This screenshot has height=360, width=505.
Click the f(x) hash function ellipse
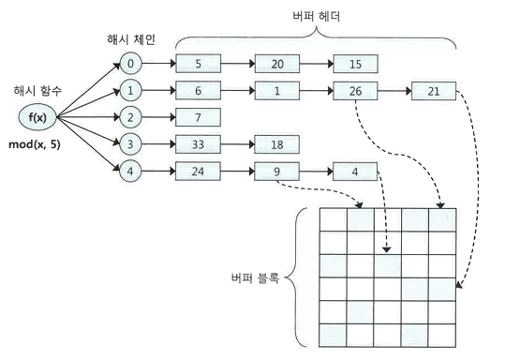[37, 117]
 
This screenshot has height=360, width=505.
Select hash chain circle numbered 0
[130, 64]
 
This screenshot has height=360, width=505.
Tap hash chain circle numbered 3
[130, 144]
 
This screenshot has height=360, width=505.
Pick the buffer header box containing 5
[198, 64]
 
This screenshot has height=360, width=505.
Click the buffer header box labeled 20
[277, 64]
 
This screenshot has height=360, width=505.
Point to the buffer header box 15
[356, 64]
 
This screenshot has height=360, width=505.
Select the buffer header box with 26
[355, 91]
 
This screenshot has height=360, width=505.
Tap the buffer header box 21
[434, 91]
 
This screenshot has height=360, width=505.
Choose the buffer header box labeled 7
[198, 117]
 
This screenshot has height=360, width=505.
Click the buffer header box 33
[198, 144]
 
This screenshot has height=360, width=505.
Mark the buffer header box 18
[276, 144]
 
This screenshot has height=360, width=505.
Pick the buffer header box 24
[198, 172]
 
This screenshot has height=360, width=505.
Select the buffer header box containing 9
[276, 172]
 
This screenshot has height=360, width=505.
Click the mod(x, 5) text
[35, 144]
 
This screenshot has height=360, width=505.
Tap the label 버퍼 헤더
[317, 16]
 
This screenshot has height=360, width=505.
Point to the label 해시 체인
[131, 39]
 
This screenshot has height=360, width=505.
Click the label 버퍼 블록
[255, 277]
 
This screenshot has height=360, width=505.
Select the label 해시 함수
[37, 91]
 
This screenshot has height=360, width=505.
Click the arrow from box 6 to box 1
[238, 91]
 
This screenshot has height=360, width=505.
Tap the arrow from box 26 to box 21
[394, 91]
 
